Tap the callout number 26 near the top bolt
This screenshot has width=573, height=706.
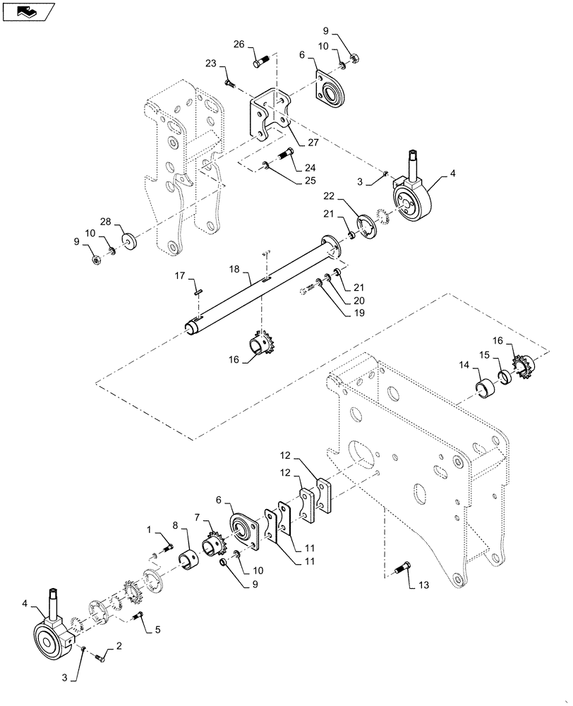pyautogui.click(x=239, y=44)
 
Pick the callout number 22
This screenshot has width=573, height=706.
pyautogui.click(x=329, y=195)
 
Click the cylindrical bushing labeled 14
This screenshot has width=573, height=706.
pyautogui.click(x=485, y=388)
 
